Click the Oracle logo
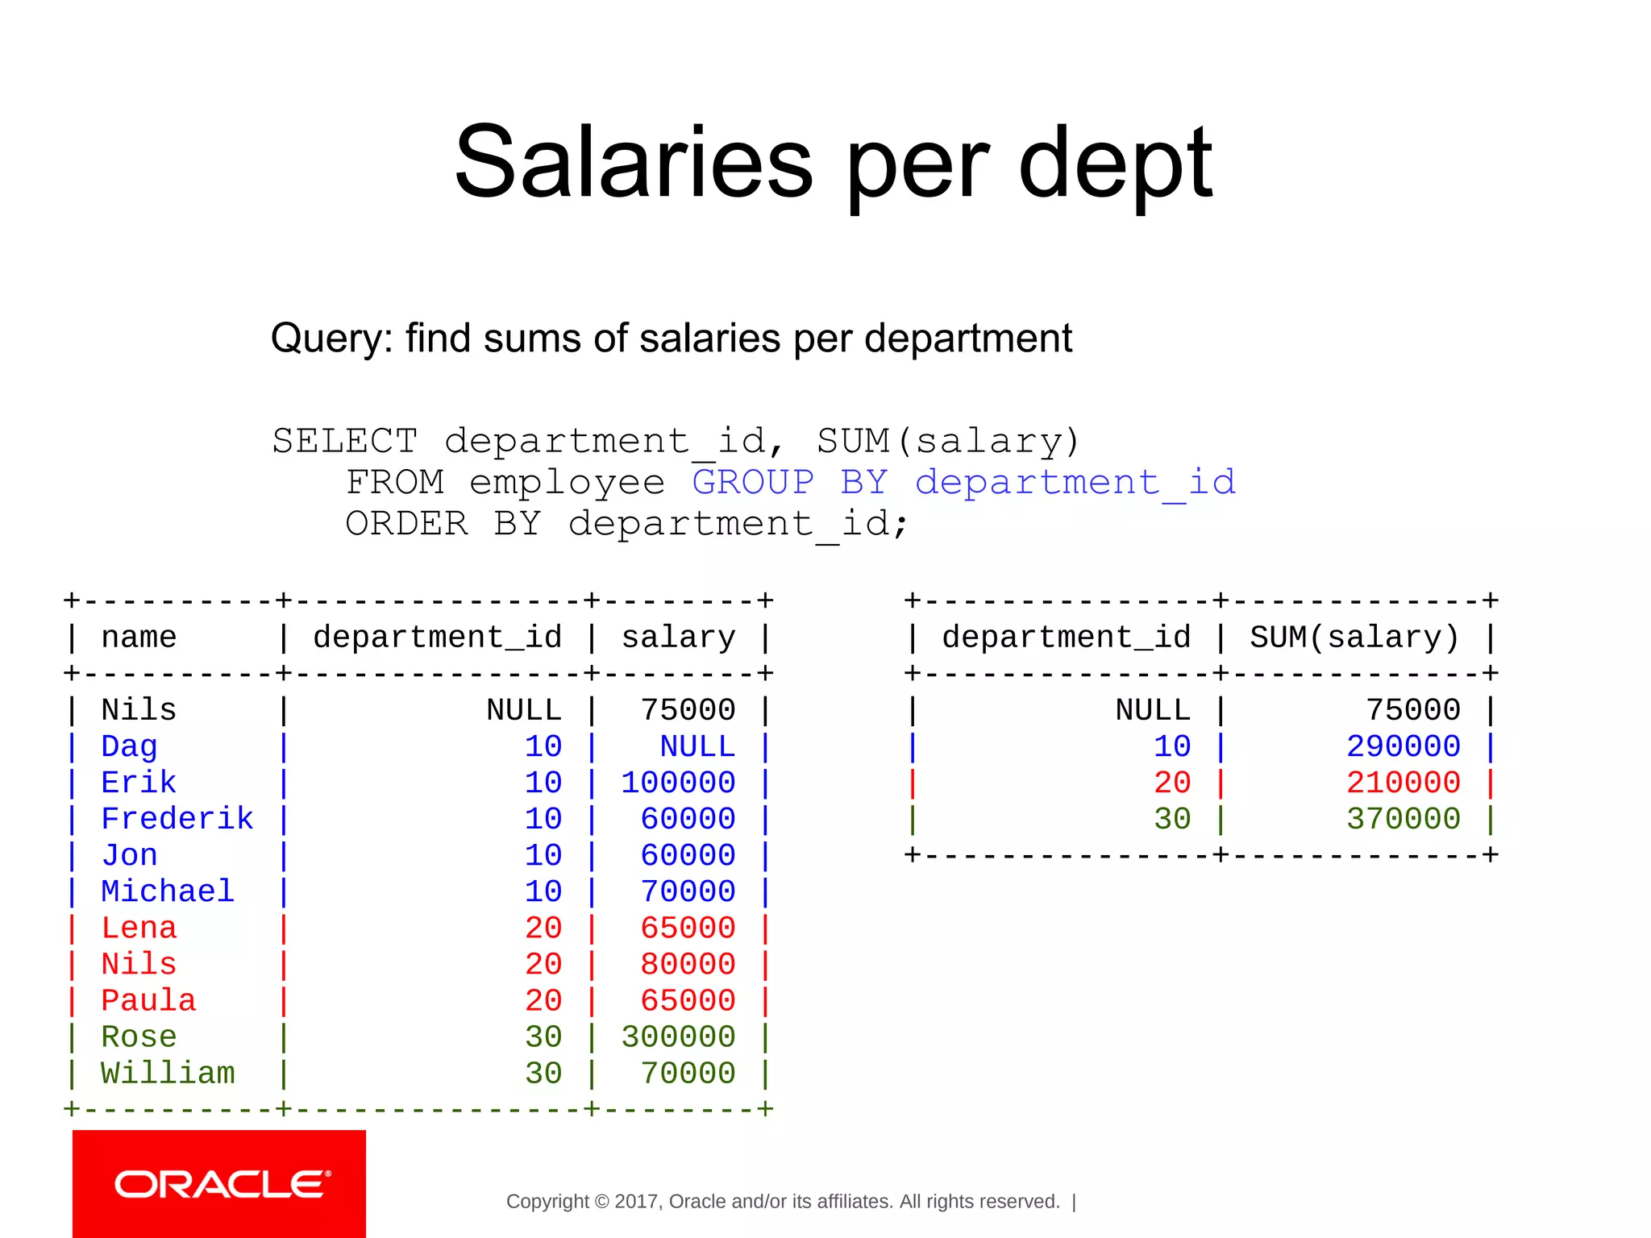[x=219, y=1184]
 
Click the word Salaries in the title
[x=634, y=163]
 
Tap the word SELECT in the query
[x=345, y=441]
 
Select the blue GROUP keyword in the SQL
[x=753, y=482]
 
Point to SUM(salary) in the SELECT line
[x=948, y=441]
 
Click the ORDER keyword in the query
[x=407, y=524]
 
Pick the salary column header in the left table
[x=678, y=638]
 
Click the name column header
[x=139, y=638]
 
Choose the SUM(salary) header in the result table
[x=1354, y=638]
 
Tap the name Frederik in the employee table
[x=177, y=819]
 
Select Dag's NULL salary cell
[x=697, y=746]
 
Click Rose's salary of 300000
[x=678, y=1037]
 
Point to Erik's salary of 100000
[x=678, y=783]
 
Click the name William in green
[x=168, y=1074]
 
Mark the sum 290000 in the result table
[x=1404, y=746]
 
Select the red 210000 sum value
[x=1404, y=783]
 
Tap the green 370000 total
[x=1404, y=819]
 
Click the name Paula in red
[x=148, y=1001]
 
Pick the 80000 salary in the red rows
[x=688, y=965]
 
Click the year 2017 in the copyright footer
[x=637, y=1202]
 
